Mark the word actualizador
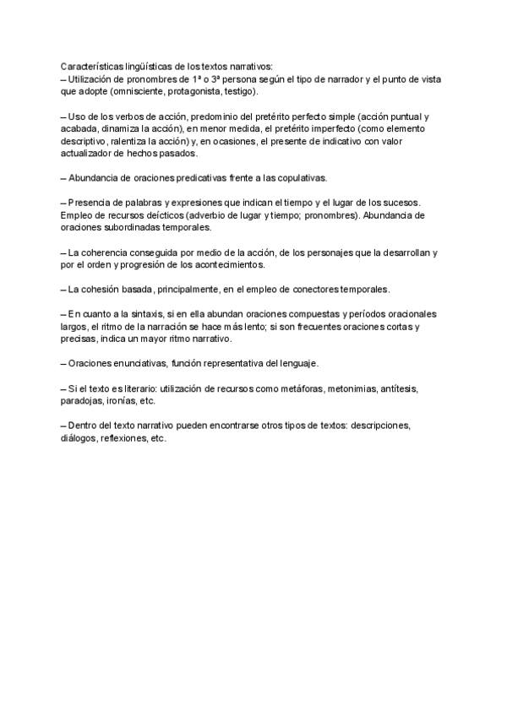tap(90, 155)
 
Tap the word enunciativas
tap(141, 363)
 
